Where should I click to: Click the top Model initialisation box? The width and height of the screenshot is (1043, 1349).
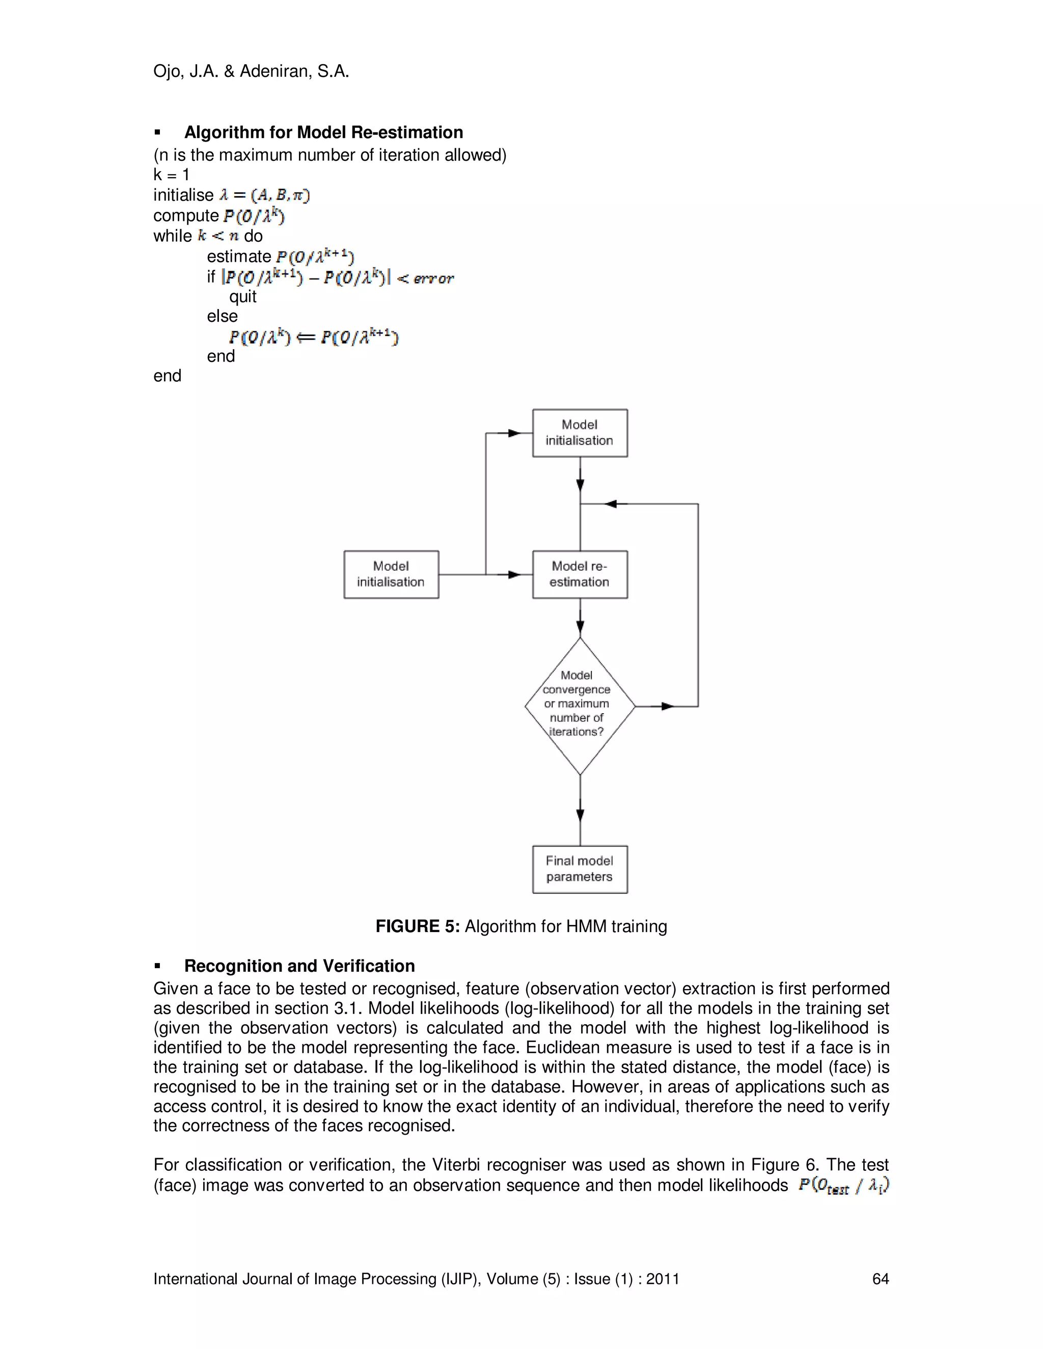[580, 433]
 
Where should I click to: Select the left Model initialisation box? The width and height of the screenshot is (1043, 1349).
[391, 574]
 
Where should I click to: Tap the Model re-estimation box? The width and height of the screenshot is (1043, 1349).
[580, 574]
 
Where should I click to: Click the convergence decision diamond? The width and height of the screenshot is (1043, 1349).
[580, 706]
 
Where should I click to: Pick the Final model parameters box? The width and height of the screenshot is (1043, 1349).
[580, 869]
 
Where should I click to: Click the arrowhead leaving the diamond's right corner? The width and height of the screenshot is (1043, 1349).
[667, 706]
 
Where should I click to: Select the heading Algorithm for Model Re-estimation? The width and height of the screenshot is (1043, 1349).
[323, 132]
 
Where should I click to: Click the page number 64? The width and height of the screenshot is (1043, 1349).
[880, 1279]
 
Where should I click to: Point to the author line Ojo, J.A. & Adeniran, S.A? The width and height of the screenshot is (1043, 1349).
[251, 72]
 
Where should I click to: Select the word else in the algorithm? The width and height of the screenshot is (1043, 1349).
[222, 316]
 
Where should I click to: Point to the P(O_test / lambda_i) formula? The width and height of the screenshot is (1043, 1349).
[843, 1185]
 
